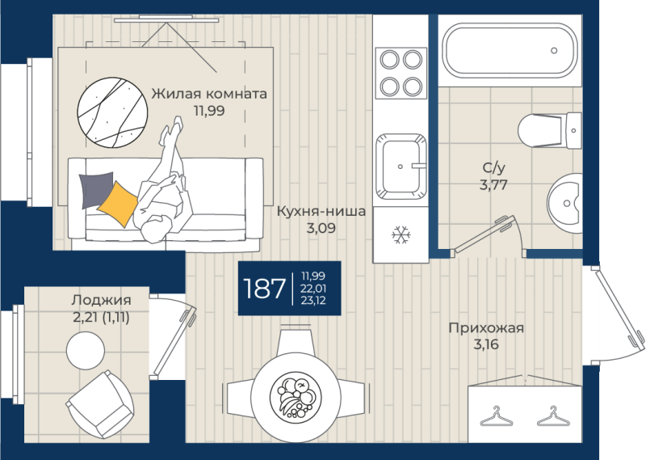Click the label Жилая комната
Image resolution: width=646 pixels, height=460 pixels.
pyautogui.click(x=209, y=94)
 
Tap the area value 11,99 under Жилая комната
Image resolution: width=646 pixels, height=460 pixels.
pyautogui.click(x=209, y=111)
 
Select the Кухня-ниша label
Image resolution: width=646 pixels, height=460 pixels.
pyautogui.click(x=321, y=211)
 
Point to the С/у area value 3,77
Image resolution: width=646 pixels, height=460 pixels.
pyautogui.click(x=493, y=185)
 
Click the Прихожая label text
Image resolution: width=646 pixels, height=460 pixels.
pyautogui.click(x=486, y=328)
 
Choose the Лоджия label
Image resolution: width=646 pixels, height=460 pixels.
pyautogui.click(x=101, y=300)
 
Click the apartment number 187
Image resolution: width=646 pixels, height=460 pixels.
pyautogui.click(x=265, y=288)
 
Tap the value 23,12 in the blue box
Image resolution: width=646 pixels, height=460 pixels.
pyautogui.click(x=313, y=301)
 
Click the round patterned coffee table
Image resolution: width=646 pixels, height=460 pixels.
pyautogui.click(x=112, y=112)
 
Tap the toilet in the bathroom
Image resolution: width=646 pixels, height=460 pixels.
pyautogui.click(x=549, y=130)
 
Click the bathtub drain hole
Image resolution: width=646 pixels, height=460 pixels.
pyautogui.click(x=554, y=50)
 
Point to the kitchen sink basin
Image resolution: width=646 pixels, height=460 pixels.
pyautogui.click(x=401, y=167)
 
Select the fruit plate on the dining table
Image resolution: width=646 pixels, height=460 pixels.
pyautogui.click(x=296, y=398)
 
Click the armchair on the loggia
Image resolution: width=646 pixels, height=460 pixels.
pyautogui.click(x=99, y=403)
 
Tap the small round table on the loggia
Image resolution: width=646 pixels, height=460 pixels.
pyautogui.click(x=86, y=351)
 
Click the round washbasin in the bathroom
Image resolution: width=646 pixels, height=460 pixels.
pyautogui.click(x=564, y=204)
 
